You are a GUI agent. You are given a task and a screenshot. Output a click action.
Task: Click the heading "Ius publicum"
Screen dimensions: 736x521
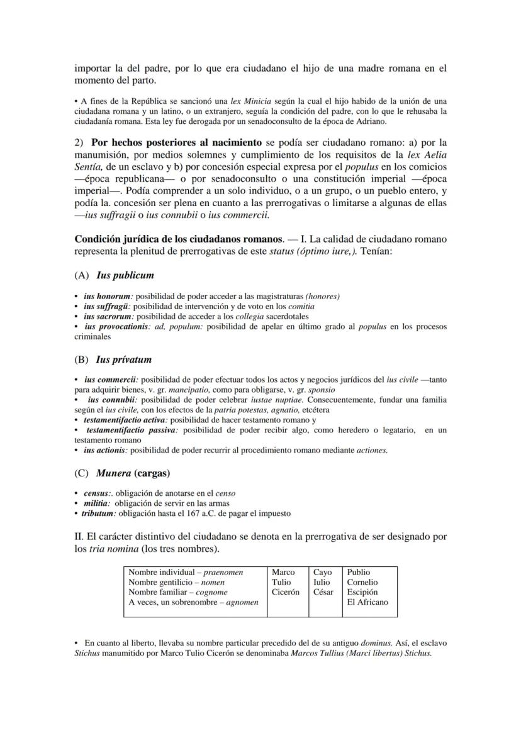pyautogui.click(x=125, y=275)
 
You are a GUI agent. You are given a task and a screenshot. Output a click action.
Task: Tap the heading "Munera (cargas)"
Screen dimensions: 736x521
pyautogui.click(x=133, y=473)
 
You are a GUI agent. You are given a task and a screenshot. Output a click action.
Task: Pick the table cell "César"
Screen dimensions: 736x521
pyautogui.click(x=323, y=592)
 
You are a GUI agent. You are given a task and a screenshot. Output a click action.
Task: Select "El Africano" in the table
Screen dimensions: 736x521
pyautogui.click(x=367, y=602)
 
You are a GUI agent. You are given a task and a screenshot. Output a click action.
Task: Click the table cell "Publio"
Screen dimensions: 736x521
pyautogui.click(x=359, y=573)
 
